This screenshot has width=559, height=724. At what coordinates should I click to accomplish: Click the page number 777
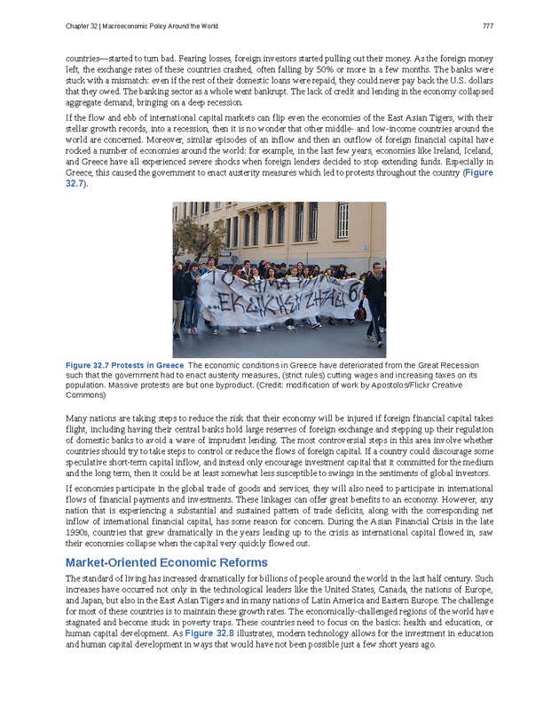pyautogui.click(x=487, y=25)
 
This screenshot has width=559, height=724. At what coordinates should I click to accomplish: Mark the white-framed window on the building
pyautogui.click(x=342, y=220)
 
